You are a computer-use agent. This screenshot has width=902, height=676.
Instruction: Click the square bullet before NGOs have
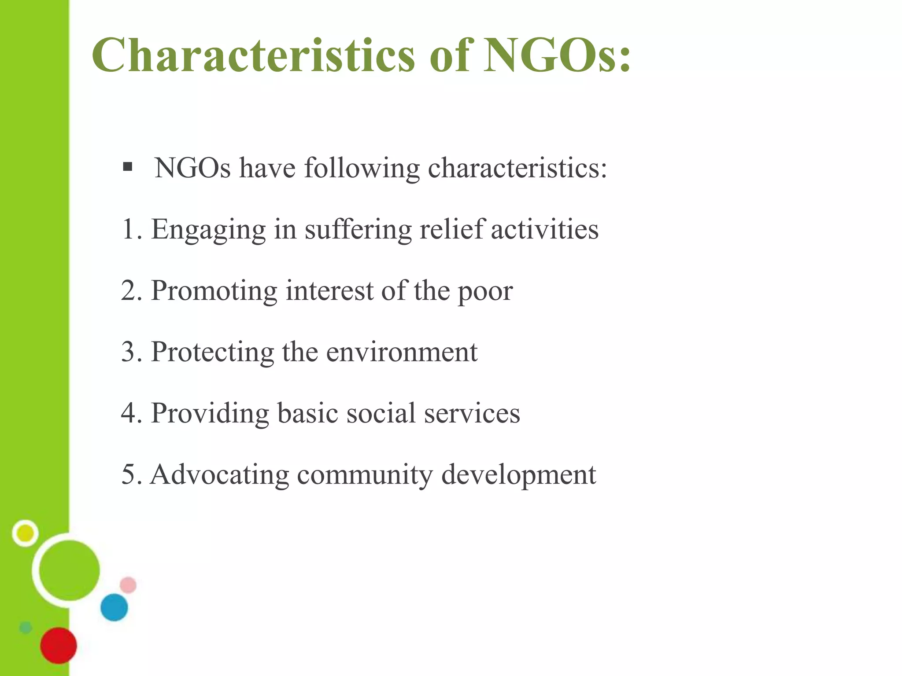point(128,167)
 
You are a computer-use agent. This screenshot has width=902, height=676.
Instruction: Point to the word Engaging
point(208,230)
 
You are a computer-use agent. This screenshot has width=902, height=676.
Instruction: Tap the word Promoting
point(214,291)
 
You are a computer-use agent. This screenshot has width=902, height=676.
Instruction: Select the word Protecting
point(212,352)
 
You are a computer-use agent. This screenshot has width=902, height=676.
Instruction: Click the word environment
point(402,353)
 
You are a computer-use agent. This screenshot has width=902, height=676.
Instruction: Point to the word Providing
point(210,414)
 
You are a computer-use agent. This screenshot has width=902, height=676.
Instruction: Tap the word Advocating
point(219,474)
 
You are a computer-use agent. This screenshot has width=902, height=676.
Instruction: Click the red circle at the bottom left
point(59,645)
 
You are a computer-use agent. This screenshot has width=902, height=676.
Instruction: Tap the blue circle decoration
point(114,607)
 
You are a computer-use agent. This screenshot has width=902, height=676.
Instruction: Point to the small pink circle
point(128,585)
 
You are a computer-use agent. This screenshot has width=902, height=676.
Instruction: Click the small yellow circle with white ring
point(25,533)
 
